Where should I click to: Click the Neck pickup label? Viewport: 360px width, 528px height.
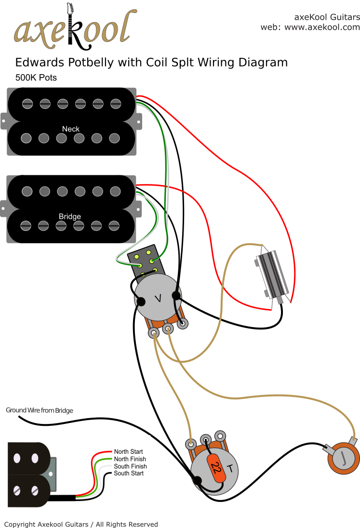[71, 129]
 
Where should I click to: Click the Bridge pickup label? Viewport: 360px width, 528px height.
[70, 216]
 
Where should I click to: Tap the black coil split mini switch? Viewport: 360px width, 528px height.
[147, 263]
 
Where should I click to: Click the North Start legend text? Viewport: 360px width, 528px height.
[129, 452]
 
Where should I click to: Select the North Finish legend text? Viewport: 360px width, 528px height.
[130, 459]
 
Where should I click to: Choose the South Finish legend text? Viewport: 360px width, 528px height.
[130, 466]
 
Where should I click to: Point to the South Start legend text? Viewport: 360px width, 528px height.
[129, 474]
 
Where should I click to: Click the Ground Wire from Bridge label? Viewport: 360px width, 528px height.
[40, 410]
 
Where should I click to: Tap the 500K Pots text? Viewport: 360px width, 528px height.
[36, 78]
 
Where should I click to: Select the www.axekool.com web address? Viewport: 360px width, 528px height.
[322, 27]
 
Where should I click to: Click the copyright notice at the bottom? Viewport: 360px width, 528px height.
[81, 524]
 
